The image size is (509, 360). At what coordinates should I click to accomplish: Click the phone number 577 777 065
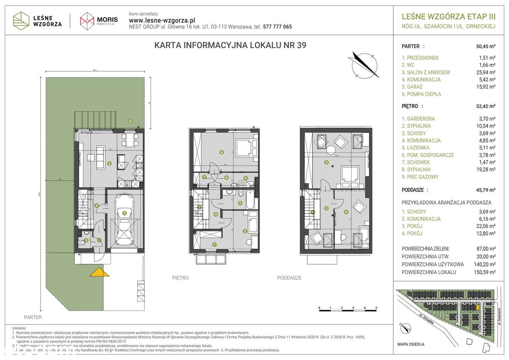pos(278,27)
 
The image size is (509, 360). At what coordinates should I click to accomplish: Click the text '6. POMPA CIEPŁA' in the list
pos(421,94)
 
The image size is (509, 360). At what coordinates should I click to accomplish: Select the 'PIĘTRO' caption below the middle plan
pos(181,278)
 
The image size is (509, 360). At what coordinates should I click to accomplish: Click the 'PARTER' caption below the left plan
pos(33,317)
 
